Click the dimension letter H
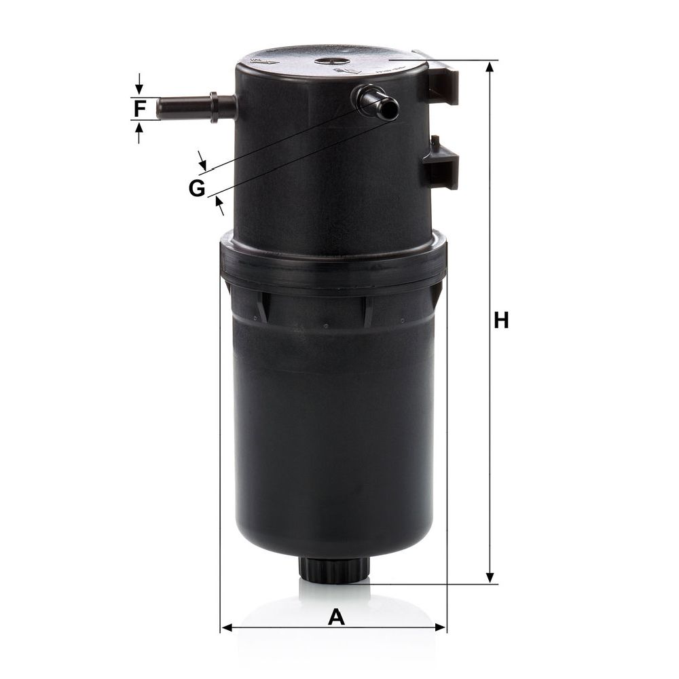(x=501, y=320)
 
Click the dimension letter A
(x=336, y=617)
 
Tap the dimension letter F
(x=139, y=109)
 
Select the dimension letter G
(x=197, y=188)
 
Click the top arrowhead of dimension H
(x=490, y=67)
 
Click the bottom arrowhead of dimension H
(x=490, y=576)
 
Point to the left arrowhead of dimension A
(x=227, y=627)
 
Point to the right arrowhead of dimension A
(x=439, y=627)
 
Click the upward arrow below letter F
(x=139, y=132)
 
